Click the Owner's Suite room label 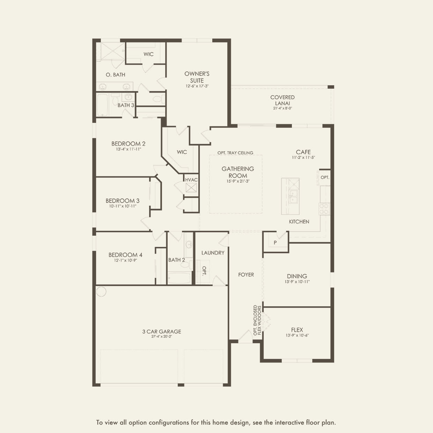tap(197, 77)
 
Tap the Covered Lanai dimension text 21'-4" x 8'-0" tap(282, 108)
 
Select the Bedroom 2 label tap(128, 144)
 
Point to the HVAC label tap(191, 180)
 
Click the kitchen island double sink tap(293, 196)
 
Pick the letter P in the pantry tap(275, 243)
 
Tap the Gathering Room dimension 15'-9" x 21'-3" tap(238, 181)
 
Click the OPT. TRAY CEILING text tap(235, 153)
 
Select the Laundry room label tap(213, 253)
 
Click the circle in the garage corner tap(101, 292)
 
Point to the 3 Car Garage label tap(162, 331)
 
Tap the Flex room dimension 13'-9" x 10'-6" tap(297, 335)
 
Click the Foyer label tap(246, 274)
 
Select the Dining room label tap(297, 276)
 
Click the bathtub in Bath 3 tap(102, 105)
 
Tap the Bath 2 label tap(177, 260)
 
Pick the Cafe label tap(303, 152)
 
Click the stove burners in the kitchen tap(324, 209)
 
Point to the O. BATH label tap(116, 75)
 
